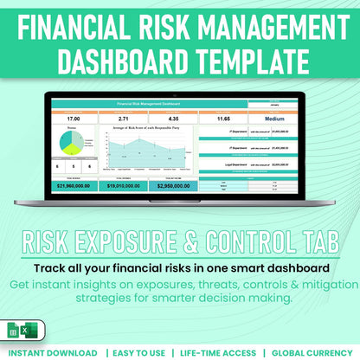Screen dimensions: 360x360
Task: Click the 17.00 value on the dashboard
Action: tap(74, 118)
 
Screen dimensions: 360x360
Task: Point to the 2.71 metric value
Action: tap(124, 118)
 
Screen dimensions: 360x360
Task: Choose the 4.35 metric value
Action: tap(174, 118)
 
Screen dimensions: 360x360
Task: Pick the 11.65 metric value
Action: tap(223, 118)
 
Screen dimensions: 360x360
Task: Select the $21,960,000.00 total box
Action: tap(74, 185)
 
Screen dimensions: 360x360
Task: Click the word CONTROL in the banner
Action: tap(249, 237)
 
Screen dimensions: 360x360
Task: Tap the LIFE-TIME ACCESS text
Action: tap(219, 353)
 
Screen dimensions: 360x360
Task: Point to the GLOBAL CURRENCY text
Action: tap(313, 353)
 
